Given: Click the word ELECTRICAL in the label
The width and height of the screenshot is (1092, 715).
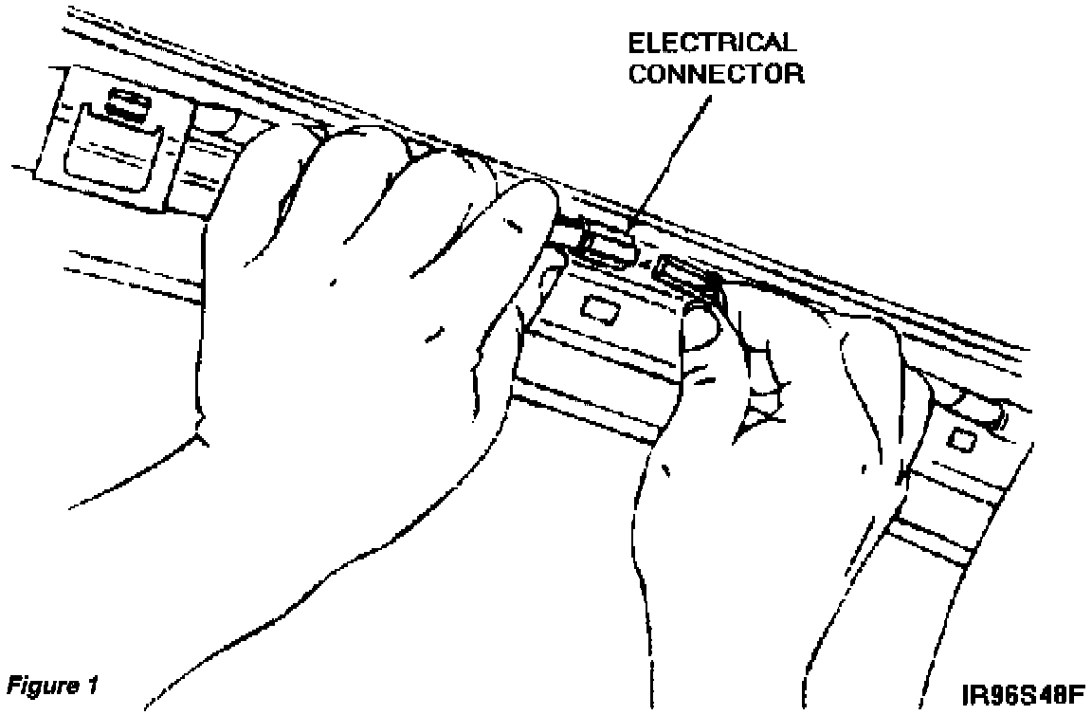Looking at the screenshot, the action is (x=713, y=43).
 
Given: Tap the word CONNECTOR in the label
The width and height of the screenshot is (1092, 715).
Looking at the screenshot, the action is (x=717, y=73).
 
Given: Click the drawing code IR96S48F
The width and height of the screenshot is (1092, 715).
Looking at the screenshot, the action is (x=1023, y=694).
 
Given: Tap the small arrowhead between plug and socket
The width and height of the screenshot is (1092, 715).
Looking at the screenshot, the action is (x=645, y=264).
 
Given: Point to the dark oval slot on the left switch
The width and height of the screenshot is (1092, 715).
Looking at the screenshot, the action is (x=129, y=106).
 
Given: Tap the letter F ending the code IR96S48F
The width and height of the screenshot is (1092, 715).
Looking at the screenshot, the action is (x=1077, y=694).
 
